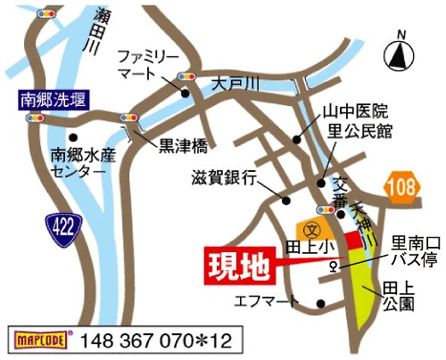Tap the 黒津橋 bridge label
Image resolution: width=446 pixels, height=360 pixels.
pos(184,142)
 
